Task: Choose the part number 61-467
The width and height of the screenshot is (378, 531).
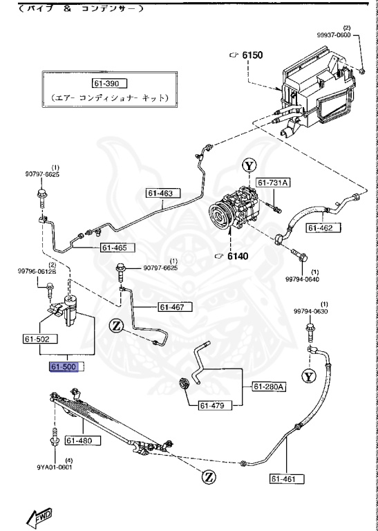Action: tap(175, 306)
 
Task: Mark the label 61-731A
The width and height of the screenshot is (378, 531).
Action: tap(274, 183)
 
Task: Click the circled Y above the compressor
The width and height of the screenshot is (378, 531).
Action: tap(249, 166)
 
